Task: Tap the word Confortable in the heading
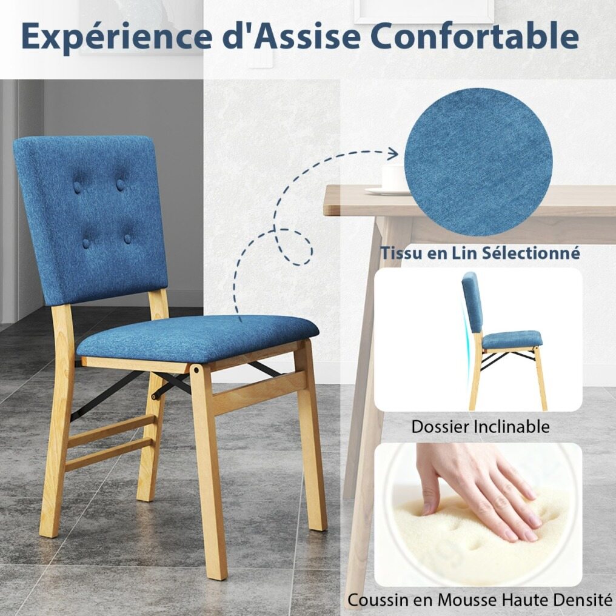click(474, 36)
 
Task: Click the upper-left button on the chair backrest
click(78, 187)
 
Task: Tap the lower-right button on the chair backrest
click(127, 238)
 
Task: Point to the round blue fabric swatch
click(478, 161)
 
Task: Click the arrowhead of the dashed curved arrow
click(392, 154)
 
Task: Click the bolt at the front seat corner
click(196, 370)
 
